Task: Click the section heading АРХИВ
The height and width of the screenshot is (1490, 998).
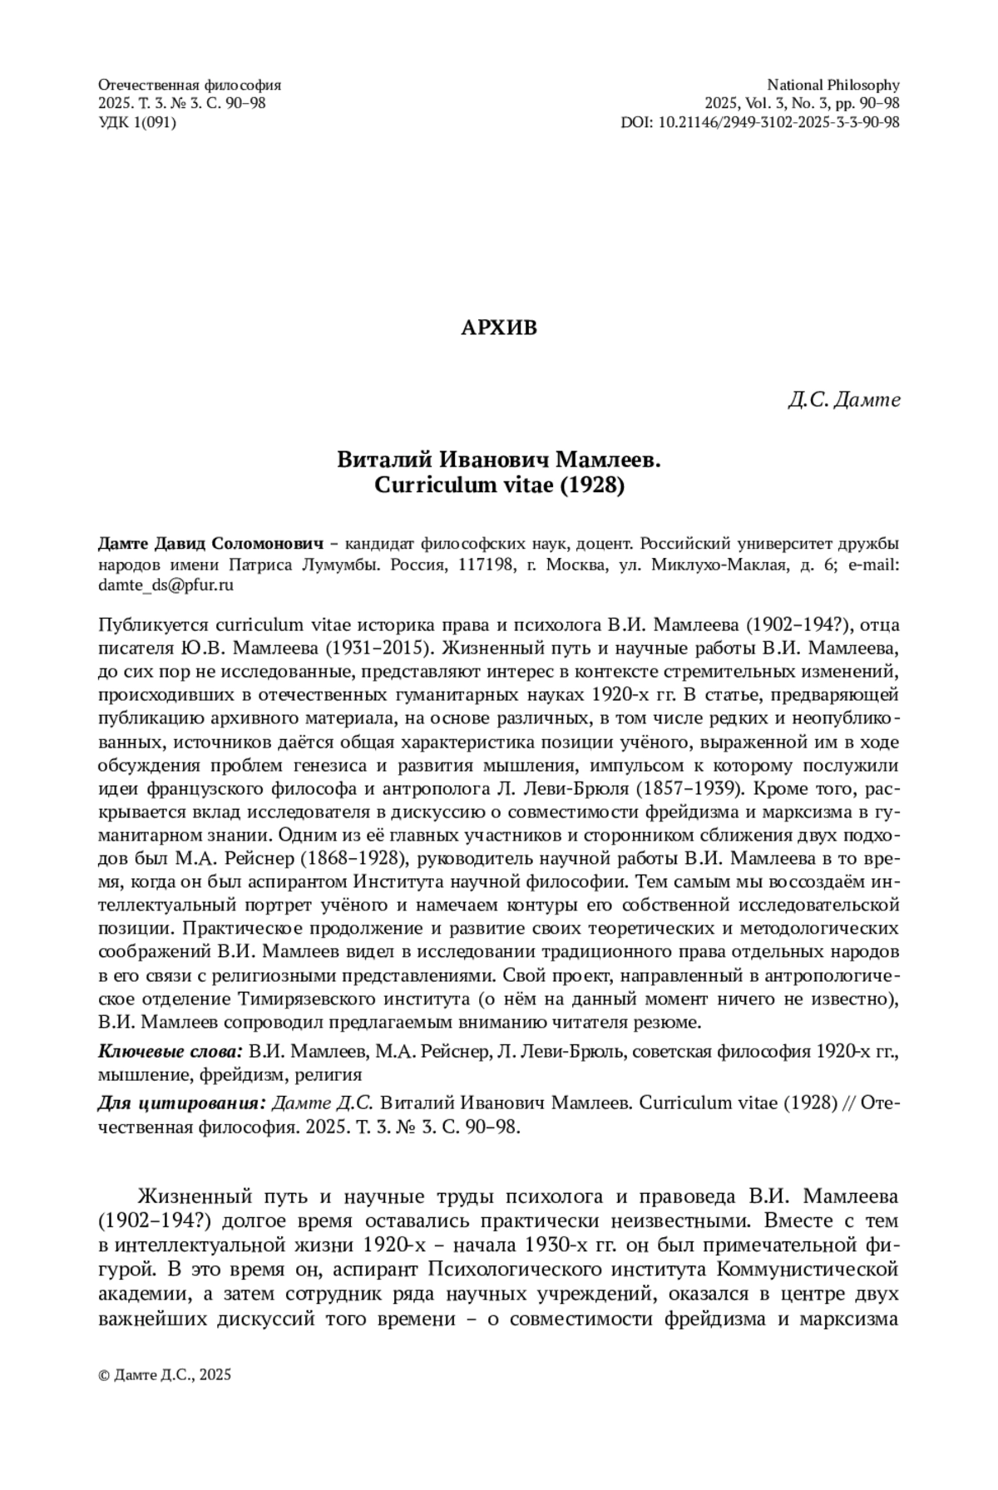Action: pos(499,328)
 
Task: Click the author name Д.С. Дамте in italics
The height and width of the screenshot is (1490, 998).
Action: pos(844,400)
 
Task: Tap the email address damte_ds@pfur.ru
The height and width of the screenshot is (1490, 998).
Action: pos(166,585)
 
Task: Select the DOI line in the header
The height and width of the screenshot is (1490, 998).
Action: pos(760,122)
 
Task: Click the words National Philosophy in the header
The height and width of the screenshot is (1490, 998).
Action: pos(832,85)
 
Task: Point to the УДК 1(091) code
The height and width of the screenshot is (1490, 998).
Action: pos(137,122)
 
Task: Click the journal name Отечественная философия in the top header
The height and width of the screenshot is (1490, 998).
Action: pos(190,85)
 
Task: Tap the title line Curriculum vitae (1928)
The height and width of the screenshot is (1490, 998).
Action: pos(499,486)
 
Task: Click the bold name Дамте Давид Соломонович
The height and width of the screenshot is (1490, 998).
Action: pos(210,545)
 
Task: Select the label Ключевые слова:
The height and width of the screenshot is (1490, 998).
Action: pos(170,1052)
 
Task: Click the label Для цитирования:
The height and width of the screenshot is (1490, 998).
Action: pos(182,1103)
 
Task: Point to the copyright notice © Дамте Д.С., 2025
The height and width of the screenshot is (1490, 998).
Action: pos(165,1374)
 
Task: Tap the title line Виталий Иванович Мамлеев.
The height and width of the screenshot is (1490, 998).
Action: pos(499,460)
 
